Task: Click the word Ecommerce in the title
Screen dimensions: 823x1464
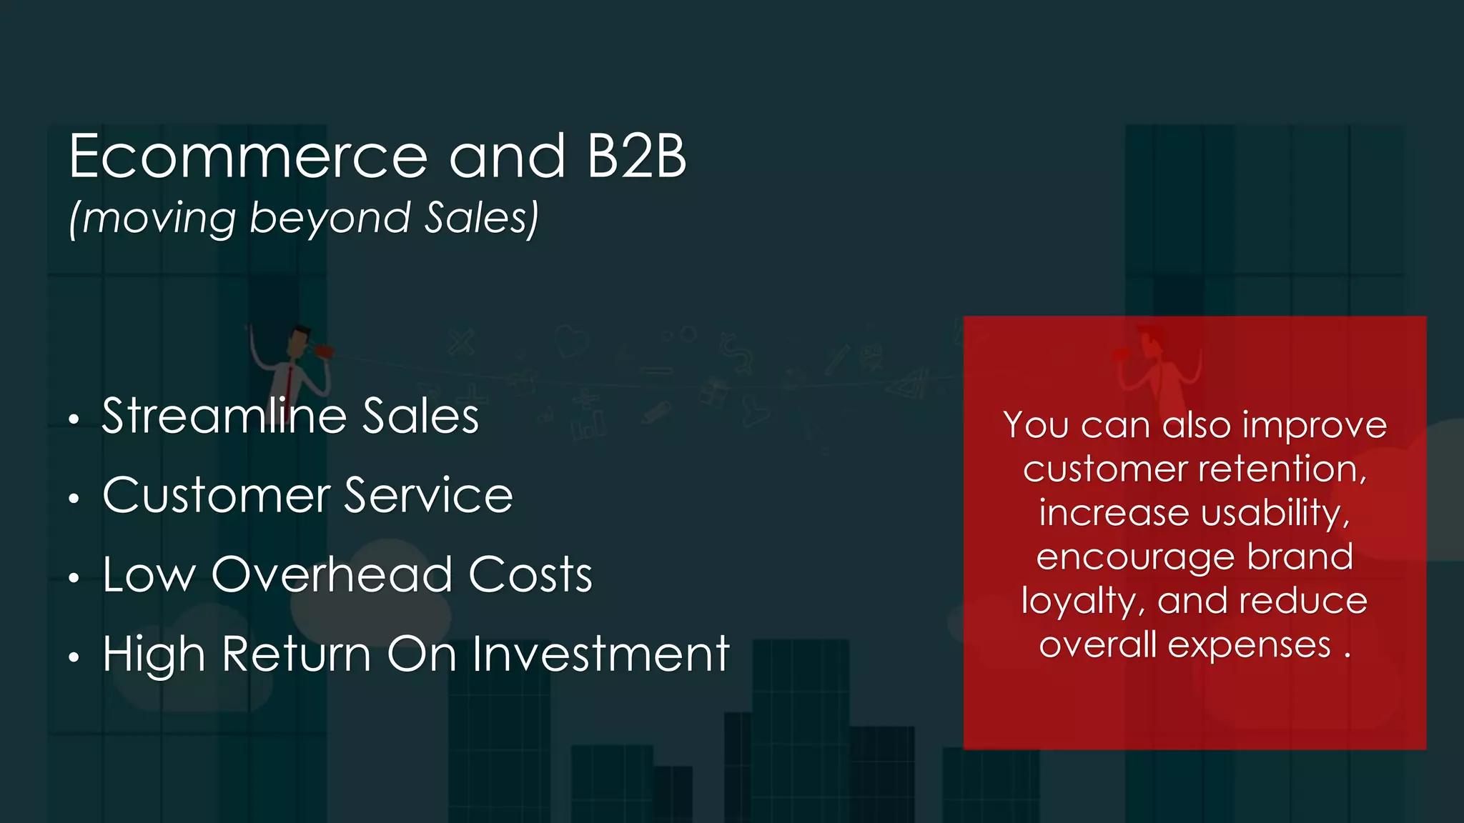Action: pos(247,157)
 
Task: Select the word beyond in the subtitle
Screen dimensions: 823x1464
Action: pos(330,219)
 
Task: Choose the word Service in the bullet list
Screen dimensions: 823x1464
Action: pos(428,495)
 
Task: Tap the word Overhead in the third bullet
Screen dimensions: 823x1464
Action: pos(332,574)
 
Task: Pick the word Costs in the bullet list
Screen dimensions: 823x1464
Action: pos(530,574)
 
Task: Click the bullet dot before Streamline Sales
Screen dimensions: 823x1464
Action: pos(74,420)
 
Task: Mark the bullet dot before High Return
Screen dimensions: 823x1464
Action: pos(74,658)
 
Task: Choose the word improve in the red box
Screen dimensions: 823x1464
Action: pos(1315,425)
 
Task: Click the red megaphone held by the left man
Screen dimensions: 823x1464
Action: pos(324,352)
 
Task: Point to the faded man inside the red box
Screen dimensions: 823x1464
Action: pos(1154,364)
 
